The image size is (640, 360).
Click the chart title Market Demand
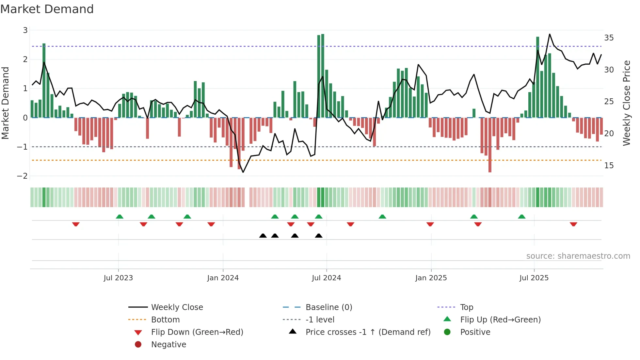[47, 9]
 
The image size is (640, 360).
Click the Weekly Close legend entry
[177, 307]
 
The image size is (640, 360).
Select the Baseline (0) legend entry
[328, 307]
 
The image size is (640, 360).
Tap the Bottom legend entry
[165, 319]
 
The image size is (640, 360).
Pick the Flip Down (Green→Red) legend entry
[197, 332]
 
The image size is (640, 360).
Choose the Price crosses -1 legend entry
[368, 332]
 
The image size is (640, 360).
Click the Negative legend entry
[168, 344]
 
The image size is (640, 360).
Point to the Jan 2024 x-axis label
[223, 278]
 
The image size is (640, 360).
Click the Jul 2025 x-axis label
[534, 278]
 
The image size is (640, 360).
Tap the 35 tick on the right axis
[609, 38]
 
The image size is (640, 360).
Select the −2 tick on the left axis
[22, 176]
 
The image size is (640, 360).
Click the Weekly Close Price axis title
[626, 103]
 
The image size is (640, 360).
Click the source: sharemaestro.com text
[578, 256]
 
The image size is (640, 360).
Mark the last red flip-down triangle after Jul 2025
[573, 224]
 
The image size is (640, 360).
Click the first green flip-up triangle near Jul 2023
[120, 217]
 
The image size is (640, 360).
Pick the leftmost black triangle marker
[263, 236]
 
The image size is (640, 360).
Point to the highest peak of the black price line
[550, 34]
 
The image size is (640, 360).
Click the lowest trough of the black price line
[243, 172]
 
